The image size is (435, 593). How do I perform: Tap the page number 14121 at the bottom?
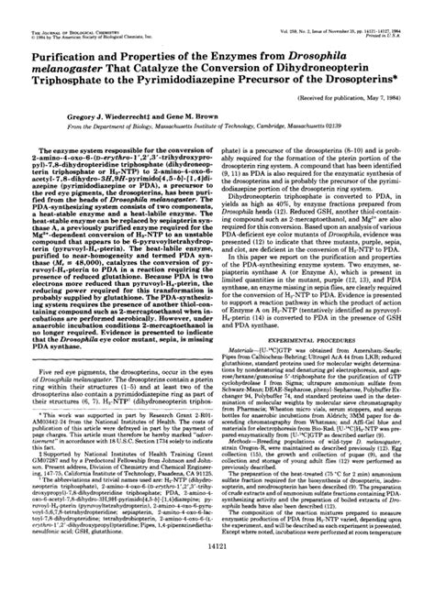click(217, 568)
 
